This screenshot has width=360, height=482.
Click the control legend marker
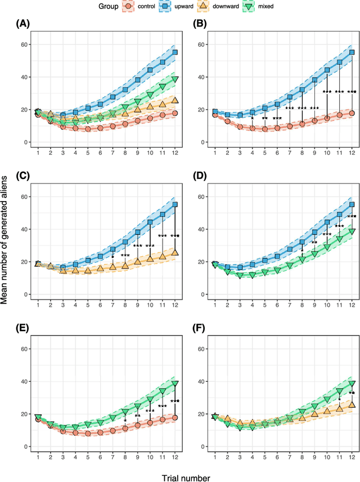(129, 7)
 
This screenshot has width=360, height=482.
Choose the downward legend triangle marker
(209, 7)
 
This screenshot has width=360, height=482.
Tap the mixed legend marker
(258, 7)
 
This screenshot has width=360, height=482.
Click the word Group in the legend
(107, 7)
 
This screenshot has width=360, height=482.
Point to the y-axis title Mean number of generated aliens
(5, 240)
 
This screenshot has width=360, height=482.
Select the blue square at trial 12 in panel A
(175, 52)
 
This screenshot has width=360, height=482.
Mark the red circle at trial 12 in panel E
(175, 417)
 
